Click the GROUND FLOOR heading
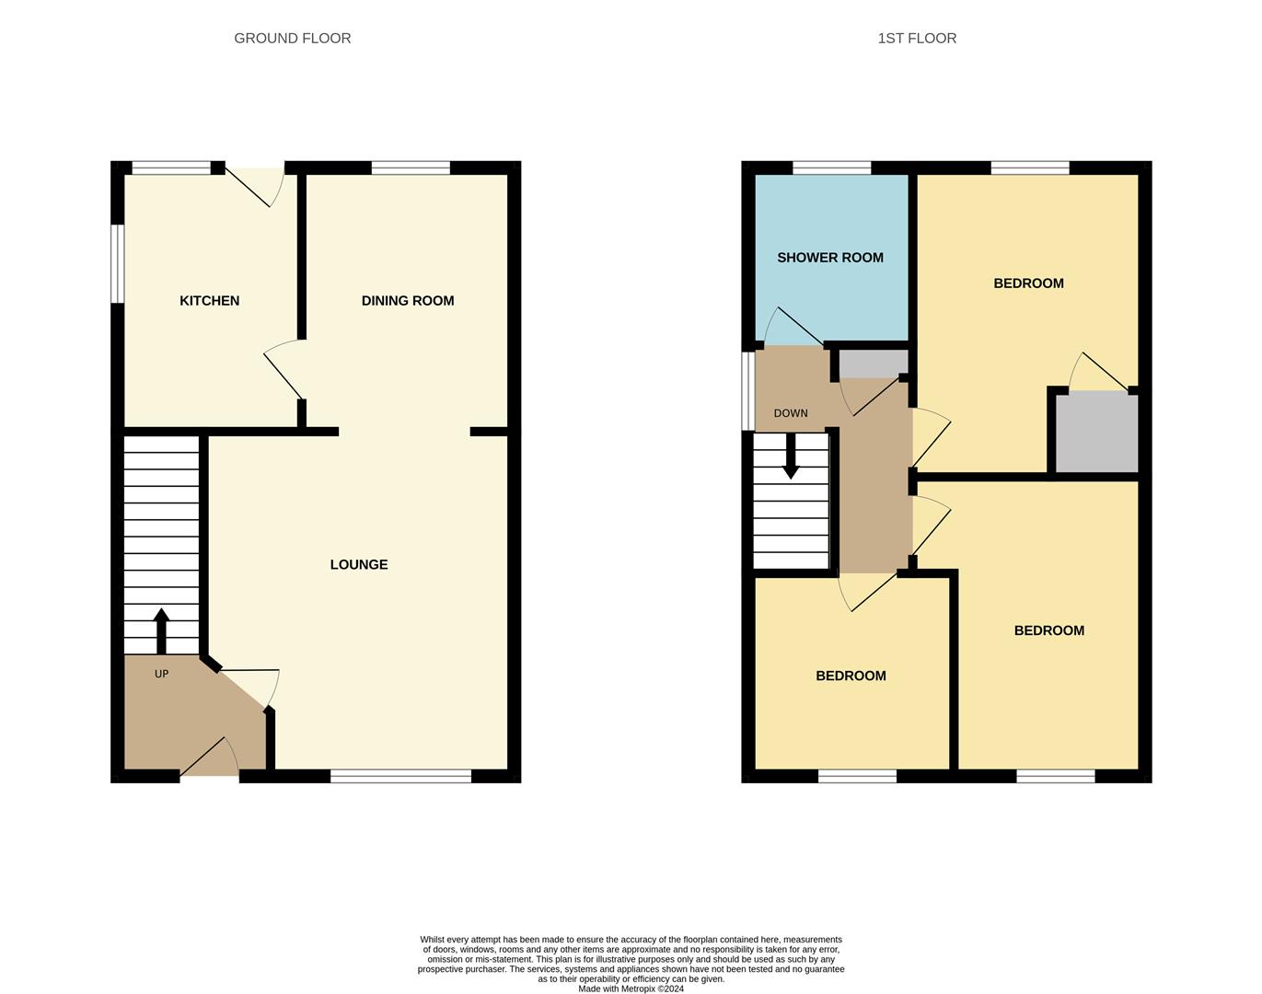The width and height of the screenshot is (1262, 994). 292,38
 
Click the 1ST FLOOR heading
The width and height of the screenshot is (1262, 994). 917,38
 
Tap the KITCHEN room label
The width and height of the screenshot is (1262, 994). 209,301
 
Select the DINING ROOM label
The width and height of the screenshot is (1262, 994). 408,301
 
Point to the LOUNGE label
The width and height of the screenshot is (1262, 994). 359,565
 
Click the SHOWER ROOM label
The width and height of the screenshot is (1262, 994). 829,258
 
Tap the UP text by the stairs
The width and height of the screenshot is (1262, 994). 161,674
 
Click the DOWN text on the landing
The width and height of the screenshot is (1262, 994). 791,413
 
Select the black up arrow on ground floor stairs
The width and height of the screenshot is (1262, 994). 161,631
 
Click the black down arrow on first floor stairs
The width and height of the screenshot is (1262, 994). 791,457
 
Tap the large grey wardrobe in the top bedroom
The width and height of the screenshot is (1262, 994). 1096,433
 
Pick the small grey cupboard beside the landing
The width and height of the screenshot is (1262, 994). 874,364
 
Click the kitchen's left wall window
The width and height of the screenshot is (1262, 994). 118,264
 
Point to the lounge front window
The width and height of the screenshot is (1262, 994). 401,776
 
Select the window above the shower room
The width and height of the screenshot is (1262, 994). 831,168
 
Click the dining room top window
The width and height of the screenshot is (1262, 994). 411,168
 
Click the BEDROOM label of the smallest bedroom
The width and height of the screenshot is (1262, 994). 851,676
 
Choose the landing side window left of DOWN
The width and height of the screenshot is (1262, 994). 747,391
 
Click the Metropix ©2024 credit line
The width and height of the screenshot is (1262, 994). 631,988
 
